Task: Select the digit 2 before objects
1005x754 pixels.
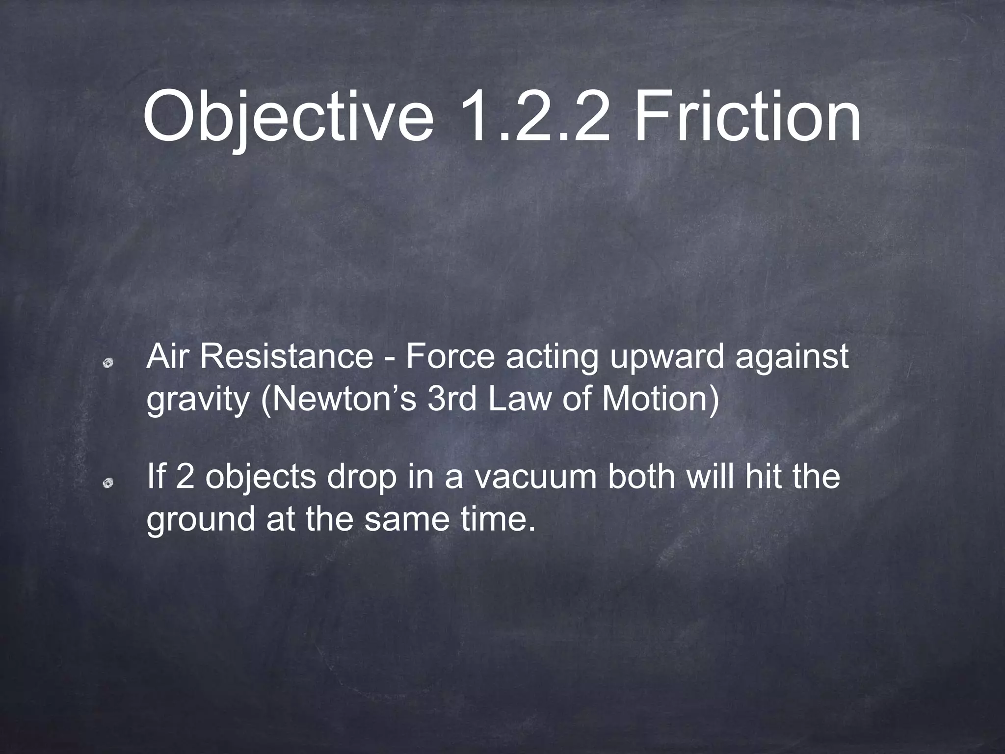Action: pos(185,477)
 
